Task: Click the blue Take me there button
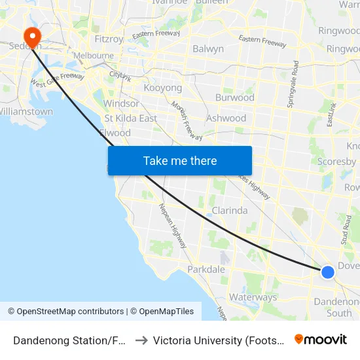[x=179, y=160]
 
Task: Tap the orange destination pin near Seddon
[x=31, y=35]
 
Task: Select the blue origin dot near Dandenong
[x=328, y=272]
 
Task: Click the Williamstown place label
[x=26, y=111]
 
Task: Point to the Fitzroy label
[x=109, y=39]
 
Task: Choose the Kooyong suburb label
[x=162, y=88]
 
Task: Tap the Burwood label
[x=235, y=98]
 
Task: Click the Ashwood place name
[x=226, y=118]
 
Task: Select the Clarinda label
[x=229, y=211]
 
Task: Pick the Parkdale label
[x=206, y=270]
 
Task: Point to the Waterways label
[x=253, y=297]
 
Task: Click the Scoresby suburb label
[x=336, y=162]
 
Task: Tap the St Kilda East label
[x=131, y=118]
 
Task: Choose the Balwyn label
[x=208, y=49]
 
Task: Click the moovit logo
[x=320, y=340]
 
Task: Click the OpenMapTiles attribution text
[x=162, y=312]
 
